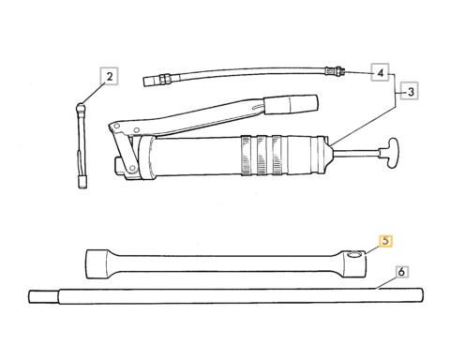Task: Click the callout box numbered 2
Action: point(109,76)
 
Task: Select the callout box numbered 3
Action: point(410,91)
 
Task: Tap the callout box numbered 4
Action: point(380,72)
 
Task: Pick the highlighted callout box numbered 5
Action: point(385,241)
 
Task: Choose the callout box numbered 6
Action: point(401,272)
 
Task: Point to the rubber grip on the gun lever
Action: point(292,104)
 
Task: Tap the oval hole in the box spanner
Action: point(354,255)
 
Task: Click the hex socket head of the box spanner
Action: point(97,263)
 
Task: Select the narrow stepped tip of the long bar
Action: point(44,296)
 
